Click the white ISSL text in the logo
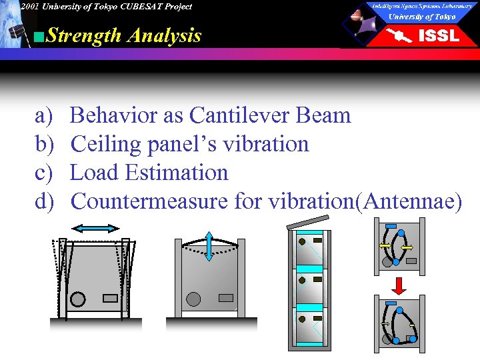pyautogui.click(x=438, y=36)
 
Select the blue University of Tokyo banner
pyautogui.click(x=422, y=17)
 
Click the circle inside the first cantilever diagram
pyautogui.click(x=78, y=299)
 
